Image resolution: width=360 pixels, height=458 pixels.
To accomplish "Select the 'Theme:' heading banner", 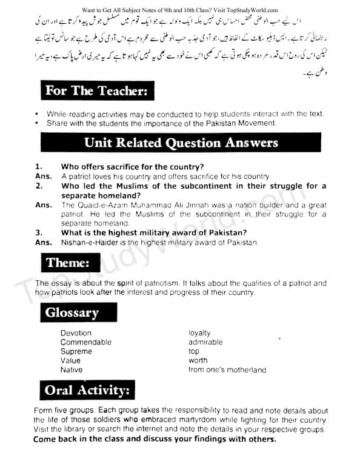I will (x=67, y=263).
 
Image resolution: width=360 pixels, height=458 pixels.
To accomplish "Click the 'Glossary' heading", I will (x=72, y=313).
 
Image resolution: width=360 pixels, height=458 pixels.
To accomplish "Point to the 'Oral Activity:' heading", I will (x=87, y=389).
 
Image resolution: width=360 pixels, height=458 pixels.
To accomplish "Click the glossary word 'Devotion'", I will (x=76, y=333).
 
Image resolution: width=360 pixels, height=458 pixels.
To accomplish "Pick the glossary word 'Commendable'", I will (x=86, y=342).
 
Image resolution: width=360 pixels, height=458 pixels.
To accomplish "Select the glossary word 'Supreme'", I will (x=76, y=351).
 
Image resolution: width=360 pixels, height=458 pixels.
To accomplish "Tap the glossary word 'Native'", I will (x=72, y=369).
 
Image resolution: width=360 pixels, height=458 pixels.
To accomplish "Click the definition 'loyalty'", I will (x=199, y=333).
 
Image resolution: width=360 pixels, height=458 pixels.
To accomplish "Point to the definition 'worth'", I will (x=198, y=360).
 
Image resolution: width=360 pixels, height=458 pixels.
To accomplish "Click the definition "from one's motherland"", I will (x=227, y=369).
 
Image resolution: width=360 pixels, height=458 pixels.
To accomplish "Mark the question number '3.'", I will (x=38, y=232).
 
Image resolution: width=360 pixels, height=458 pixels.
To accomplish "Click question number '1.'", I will (x=38, y=166).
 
